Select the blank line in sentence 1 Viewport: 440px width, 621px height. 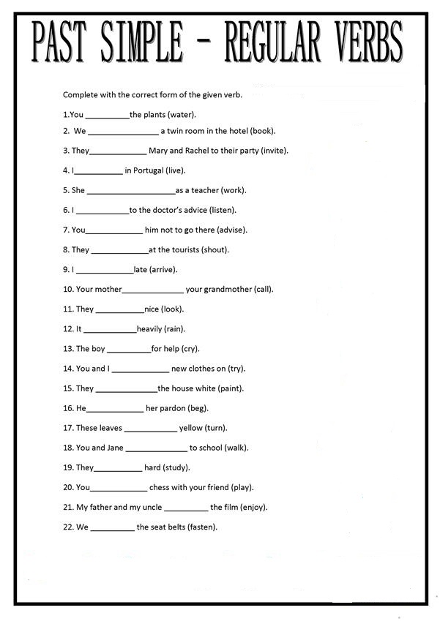pyautogui.click(x=107, y=116)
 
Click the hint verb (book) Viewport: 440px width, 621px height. pyautogui.click(x=262, y=131)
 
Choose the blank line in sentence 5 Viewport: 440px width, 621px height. pyautogui.click(x=131, y=192)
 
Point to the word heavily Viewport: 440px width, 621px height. pyautogui.click(x=149, y=328)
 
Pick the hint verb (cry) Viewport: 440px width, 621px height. pyautogui.click(x=188, y=349)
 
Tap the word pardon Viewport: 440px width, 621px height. pyautogui.click(x=173, y=408)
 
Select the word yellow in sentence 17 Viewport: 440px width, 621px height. pyautogui.click(x=191, y=428)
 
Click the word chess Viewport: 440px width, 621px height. pyautogui.click(x=160, y=487)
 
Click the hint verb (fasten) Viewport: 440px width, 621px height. pyautogui.click(x=202, y=527)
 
